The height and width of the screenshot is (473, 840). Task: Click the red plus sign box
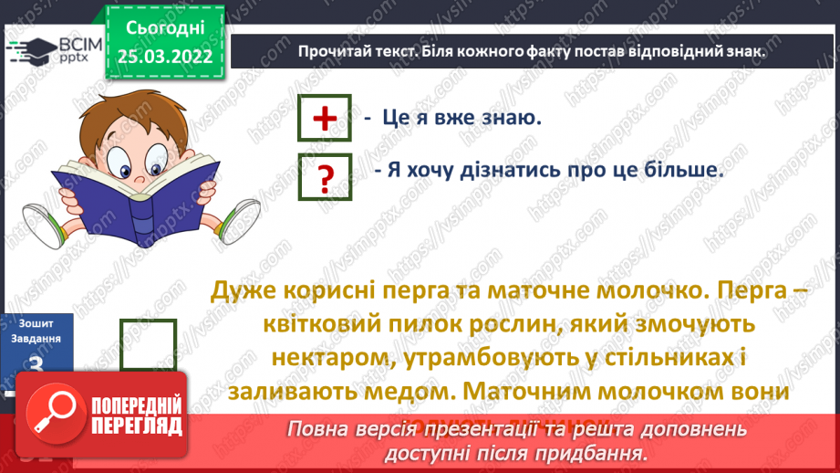324,120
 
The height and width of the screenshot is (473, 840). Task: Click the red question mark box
325,175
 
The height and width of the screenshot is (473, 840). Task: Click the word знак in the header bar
742,52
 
